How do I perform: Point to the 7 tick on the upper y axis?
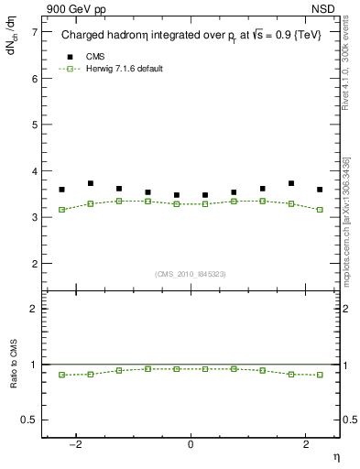pos(35,32)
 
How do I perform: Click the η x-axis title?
pos(335,455)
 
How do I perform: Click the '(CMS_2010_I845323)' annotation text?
pos(191,274)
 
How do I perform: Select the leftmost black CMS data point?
pos(61,190)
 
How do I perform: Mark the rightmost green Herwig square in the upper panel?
pos(320,210)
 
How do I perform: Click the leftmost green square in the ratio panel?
pos(61,375)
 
